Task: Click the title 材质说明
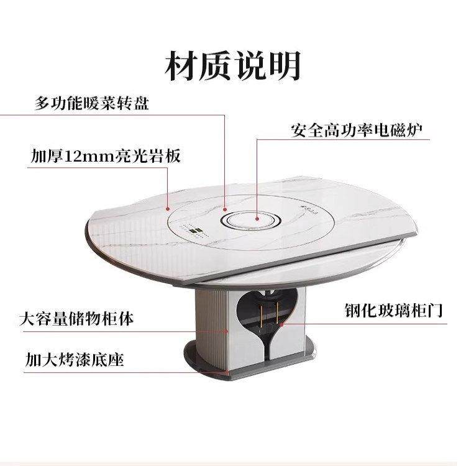232,66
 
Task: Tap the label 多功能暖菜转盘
91,103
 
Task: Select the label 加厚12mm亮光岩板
106,155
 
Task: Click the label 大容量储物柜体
76,320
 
